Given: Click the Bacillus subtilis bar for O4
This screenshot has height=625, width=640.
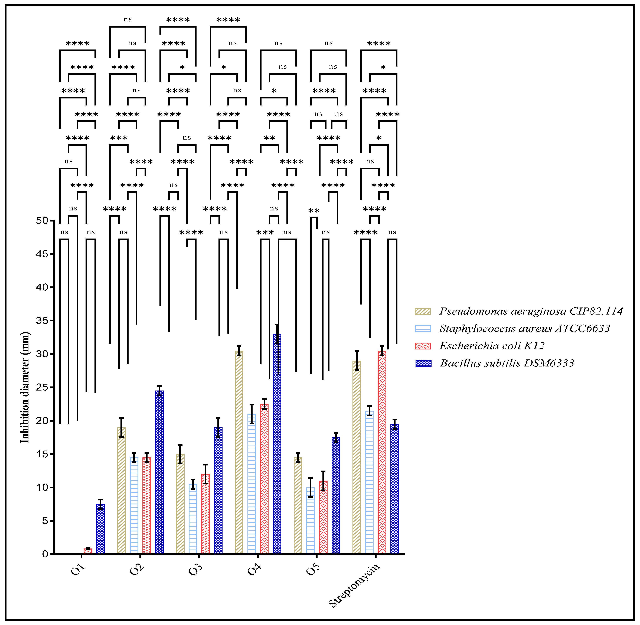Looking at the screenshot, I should point(277,443).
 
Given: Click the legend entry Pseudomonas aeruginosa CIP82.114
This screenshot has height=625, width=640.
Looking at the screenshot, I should point(531,311).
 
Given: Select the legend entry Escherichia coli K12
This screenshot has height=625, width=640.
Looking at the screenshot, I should point(492,346).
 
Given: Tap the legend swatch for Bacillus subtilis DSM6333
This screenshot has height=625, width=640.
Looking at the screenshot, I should point(423,363).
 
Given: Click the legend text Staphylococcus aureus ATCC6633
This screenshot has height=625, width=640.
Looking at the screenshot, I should point(524,329).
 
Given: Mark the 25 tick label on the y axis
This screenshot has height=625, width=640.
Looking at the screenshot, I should point(42,387).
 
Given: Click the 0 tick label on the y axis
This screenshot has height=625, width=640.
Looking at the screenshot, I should point(45,554).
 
